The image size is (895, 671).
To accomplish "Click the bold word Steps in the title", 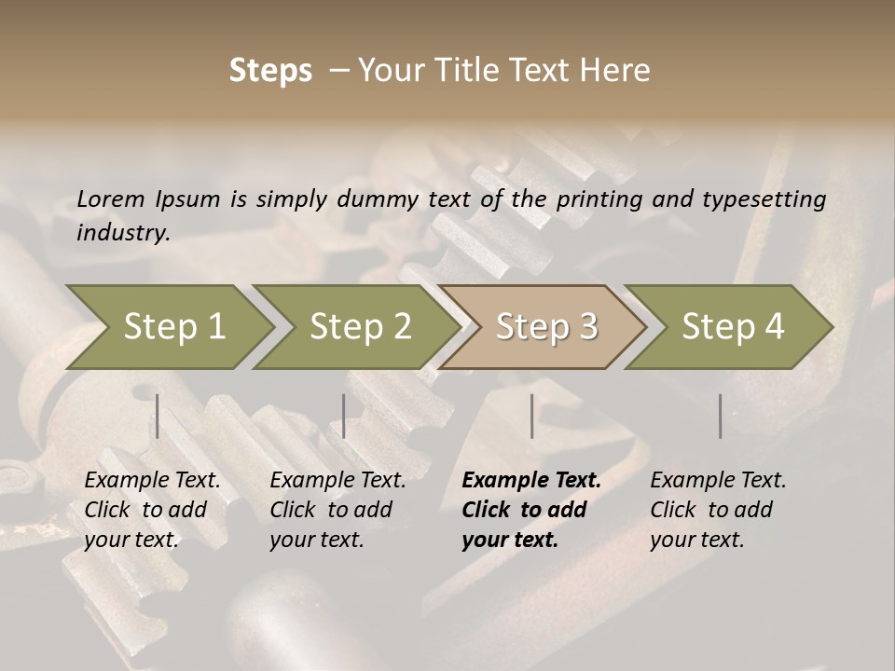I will pyautogui.click(x=270, y=71).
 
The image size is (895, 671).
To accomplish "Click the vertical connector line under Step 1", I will pyautogui.click(x=158, y=416).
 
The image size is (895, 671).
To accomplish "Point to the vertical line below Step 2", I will pyautogui.click(x=344, y=416).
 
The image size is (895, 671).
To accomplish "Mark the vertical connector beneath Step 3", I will pyautogui.click(x=531, y=416).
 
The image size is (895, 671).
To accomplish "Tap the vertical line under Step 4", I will pyautogui.click(x=720, y=416).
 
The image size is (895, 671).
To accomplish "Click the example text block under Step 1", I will pyautogui.click(x=152, y=510).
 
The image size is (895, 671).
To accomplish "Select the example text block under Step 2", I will pyautogui.click(x=337, y=510).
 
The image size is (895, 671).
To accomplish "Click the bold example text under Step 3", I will pyautogui.click(x=530, y=510).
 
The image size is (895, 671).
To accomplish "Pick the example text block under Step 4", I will pyautogui.click(x=718, y=510).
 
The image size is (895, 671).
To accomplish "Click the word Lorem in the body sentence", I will pyautogui.click(x=110, y=199).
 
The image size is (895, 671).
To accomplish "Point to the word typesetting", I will pyautogui.click(x=764, y=199).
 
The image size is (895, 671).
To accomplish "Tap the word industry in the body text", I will pyautogui.click(x=122, y=232).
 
